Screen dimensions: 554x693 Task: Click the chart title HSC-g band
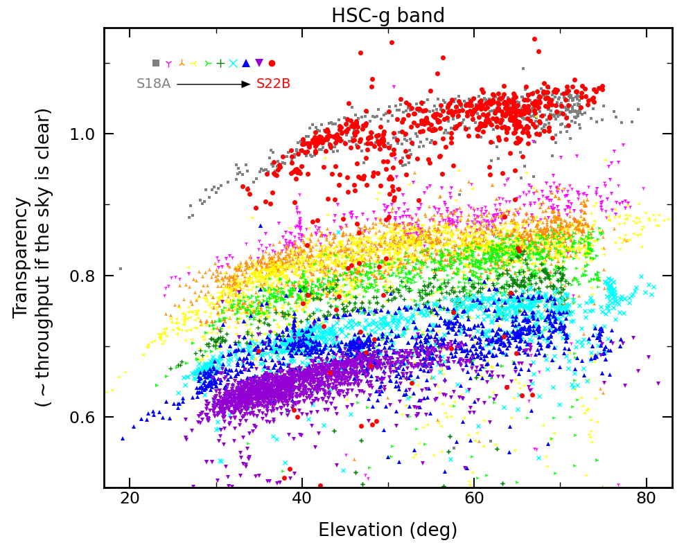point(387,15)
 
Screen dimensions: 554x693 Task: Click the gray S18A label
point(153,84)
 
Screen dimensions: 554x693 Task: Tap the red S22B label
point(273,84)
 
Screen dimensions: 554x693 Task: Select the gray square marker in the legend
point(156,63)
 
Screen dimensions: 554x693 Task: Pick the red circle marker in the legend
point(272,63)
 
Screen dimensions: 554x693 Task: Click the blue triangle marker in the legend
point(246,63)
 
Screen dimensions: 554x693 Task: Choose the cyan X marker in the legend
point(234,63)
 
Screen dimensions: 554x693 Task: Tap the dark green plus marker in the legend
point(220,63)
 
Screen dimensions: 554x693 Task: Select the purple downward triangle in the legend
point(259,63)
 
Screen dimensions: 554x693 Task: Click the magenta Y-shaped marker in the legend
point(168,63)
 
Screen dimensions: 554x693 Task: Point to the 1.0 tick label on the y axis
point(83,134)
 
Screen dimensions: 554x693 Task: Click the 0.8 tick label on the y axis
point(83,276)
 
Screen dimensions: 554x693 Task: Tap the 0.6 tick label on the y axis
point(83,418)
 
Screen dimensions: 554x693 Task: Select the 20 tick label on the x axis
point(130,500)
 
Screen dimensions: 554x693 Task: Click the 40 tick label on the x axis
point(301,500)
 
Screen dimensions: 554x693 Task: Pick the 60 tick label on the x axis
point(474,500)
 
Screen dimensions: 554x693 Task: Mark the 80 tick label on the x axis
point(646,500)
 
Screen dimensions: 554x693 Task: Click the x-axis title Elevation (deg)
point(387,530)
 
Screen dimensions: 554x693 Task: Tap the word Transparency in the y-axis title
point(22,258)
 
